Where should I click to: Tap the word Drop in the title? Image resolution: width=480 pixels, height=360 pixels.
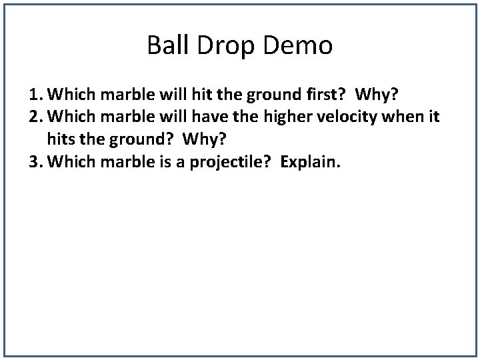[215, 46]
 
